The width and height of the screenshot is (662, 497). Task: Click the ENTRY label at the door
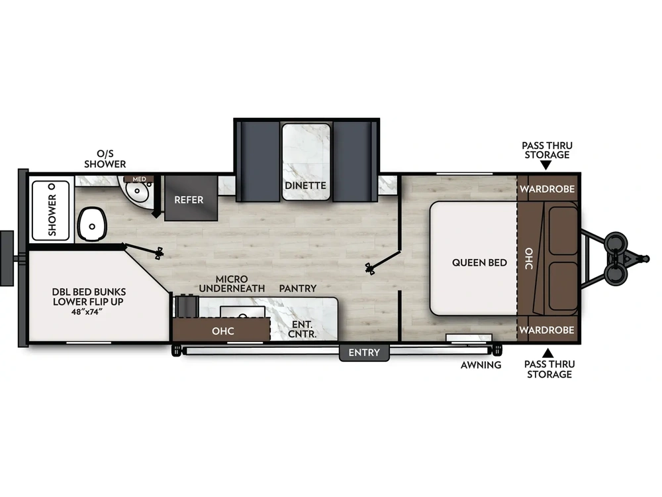tap(364, 353)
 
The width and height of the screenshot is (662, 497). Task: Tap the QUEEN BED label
tap(479, 262)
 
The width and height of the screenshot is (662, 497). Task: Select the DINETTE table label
tap(306, 186)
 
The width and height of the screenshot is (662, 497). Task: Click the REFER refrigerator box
tap(189, 199)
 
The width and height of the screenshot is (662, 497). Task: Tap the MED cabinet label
tap(139, 179)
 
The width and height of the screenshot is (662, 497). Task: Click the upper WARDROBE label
tap(546, 189)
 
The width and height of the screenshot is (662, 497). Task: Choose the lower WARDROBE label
tap(546, 329)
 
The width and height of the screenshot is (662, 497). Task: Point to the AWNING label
tap(481, 365)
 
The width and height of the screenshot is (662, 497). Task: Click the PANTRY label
tap(297, 288)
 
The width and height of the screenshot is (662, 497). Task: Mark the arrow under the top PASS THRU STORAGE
tap(546, 166)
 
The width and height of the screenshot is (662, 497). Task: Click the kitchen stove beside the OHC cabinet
tap(186, 307)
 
